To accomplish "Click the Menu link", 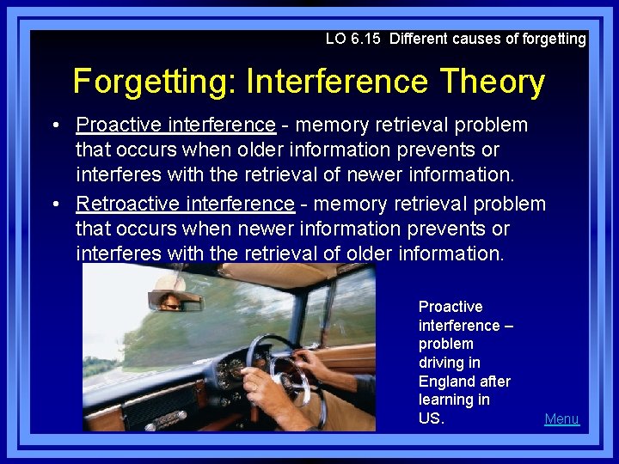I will point(561,419).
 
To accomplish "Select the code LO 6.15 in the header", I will point(354,39).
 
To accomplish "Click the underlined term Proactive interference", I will point(176,125).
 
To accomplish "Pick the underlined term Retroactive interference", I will point(185,205).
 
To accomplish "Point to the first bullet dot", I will point(54,125).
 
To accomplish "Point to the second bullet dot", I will point(54,205).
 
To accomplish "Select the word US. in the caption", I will point(432,419).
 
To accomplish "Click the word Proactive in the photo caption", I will point(450,307).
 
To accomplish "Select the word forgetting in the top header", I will point(551,39).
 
